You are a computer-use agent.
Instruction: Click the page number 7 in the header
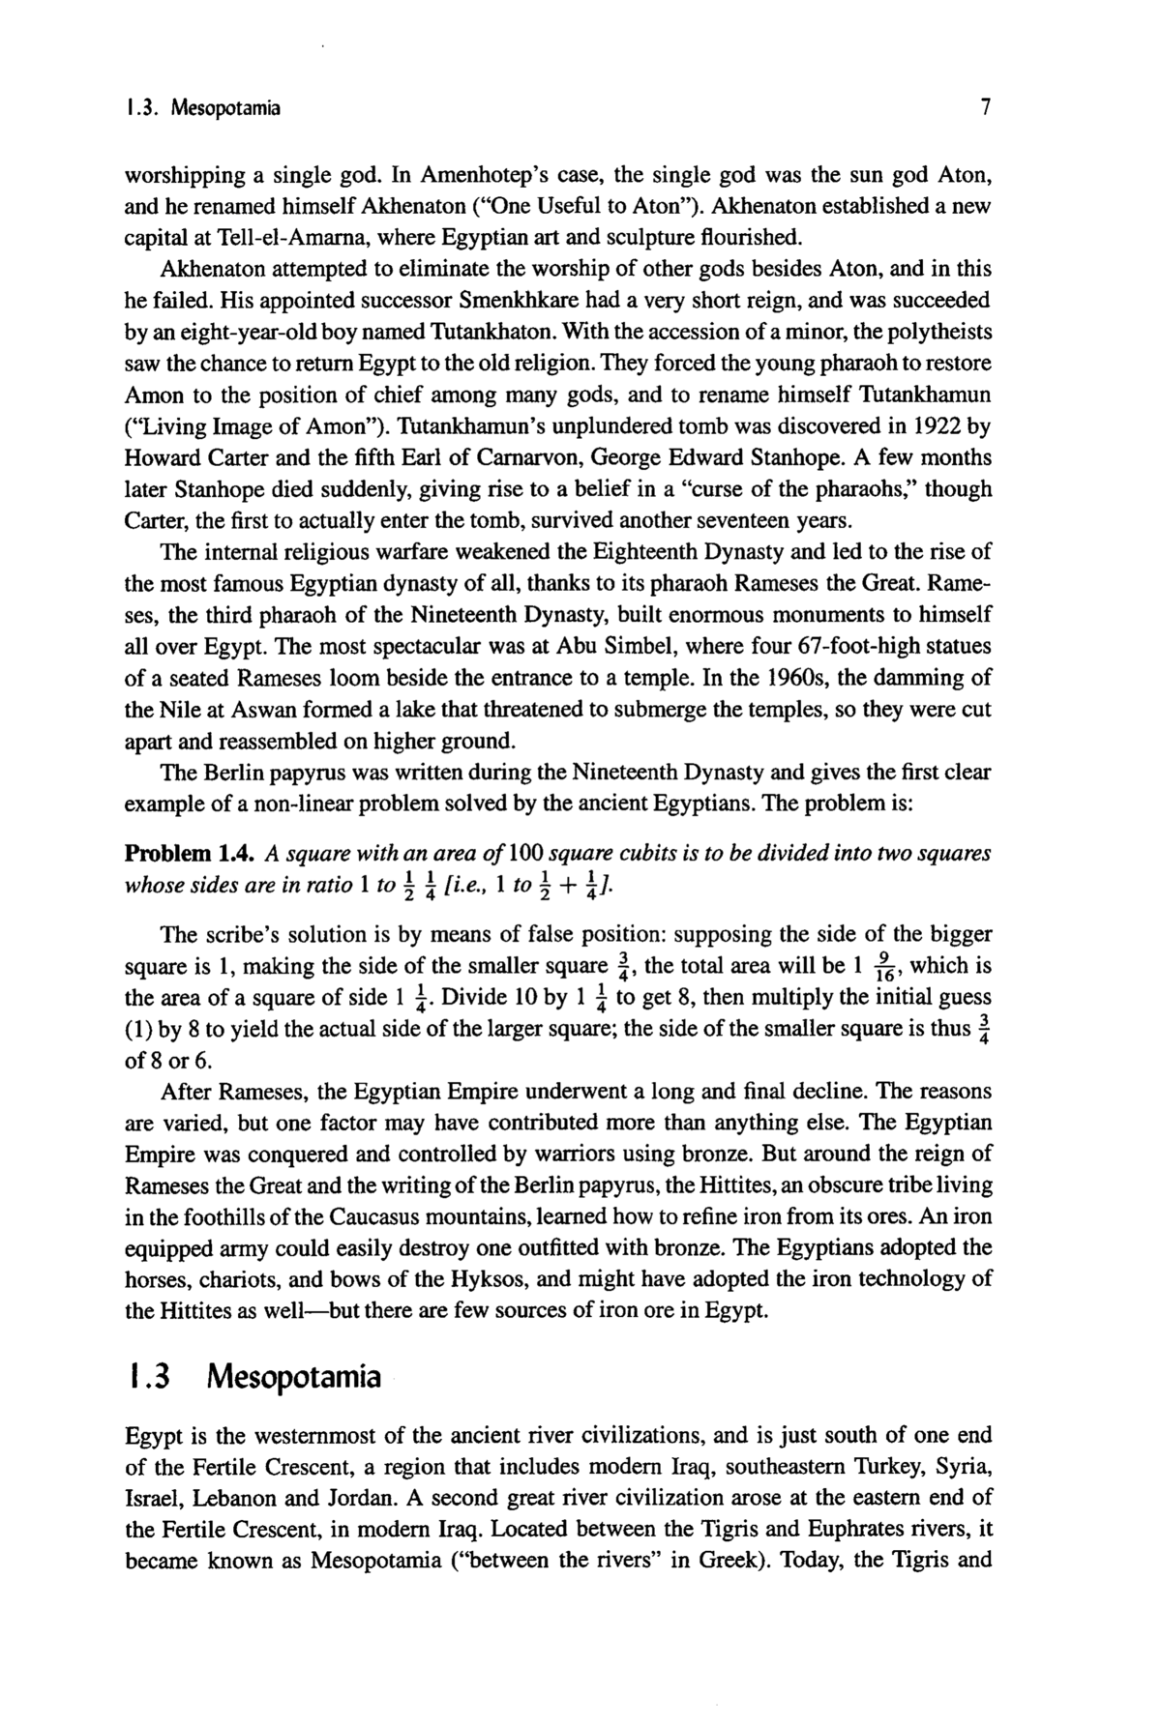coord(985,108)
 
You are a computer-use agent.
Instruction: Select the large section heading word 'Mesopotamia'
coord(294,1376)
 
